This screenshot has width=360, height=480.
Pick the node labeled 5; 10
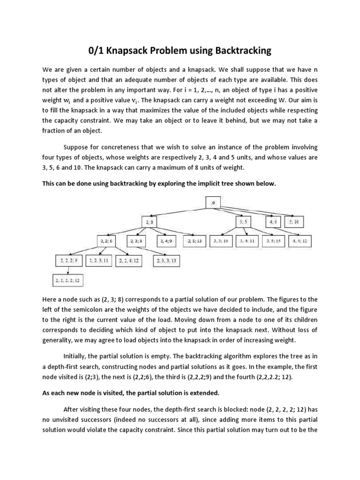point(294,222)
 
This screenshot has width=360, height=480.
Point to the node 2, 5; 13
point(194,241)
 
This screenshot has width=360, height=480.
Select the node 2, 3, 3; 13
point(166,261)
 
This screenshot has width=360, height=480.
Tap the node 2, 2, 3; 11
point(99,261)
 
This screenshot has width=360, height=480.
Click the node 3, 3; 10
point(221,241)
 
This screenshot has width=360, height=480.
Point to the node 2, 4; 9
point(166,241)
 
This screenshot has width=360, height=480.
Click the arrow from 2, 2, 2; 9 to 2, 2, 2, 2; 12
point(69,270)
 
